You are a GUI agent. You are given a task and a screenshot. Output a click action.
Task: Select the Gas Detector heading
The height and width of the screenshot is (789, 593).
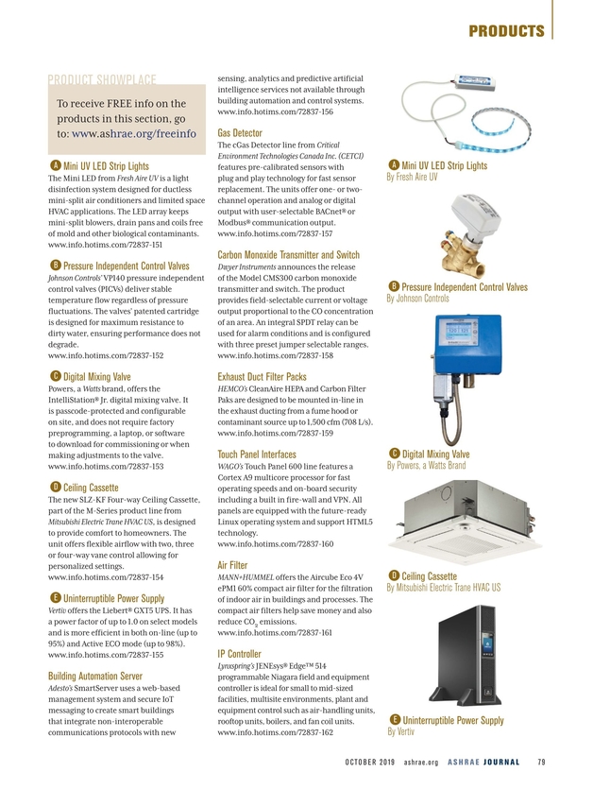239,132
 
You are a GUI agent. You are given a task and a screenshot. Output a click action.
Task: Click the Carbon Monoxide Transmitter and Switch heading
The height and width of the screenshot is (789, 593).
288,255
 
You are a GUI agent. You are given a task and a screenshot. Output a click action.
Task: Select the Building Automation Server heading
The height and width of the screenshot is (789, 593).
94,676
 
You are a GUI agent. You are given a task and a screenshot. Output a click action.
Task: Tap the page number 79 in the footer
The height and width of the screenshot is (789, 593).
541,763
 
